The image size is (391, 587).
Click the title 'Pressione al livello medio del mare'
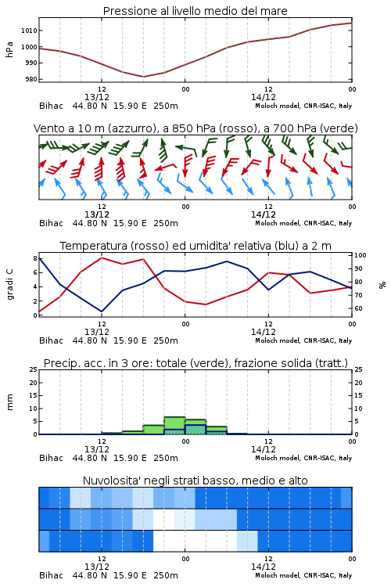click(195, 11)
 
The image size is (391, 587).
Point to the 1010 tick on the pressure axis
click(29, 31)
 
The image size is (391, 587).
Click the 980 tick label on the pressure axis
click(31, 79)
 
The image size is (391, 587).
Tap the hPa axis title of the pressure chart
click(9, 49)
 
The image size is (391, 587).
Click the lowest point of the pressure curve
click(143, 77)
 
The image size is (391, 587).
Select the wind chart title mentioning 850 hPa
click(195, 128)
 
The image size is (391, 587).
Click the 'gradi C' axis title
click(9, 284)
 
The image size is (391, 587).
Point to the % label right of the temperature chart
click(382, 285)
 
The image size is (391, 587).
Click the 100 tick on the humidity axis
click(361, 255)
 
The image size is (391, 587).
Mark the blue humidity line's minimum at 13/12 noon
click(102, 312)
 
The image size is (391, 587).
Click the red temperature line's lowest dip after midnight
click(206, 304)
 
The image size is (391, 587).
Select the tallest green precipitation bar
click(174, 426)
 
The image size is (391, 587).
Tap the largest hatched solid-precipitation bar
click(195, 430)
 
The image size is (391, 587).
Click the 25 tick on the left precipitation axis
click(34, 369)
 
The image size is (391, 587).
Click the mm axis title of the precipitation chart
click(9, 402)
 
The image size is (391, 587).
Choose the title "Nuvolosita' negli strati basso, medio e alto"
click(195, 481)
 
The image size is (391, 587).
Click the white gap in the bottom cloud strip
click(195, 541)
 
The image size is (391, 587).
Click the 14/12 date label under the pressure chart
click(264, 97)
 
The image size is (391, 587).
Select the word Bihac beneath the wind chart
click(52, 223)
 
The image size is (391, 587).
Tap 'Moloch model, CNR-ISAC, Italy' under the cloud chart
click(303, 575)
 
